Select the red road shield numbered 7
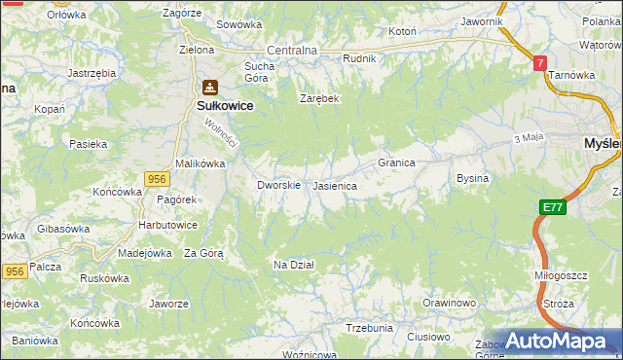tap(540, 63)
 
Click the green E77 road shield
tap(553, 207)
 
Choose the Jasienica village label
tap(335, 185)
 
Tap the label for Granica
tap(397, 162)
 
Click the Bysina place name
tap(472, 179)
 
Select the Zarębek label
tap(318, 98)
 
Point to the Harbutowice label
tap(168, 225)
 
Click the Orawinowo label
tap(449, 304)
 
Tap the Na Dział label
tap(293, 265)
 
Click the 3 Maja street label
tap(528, 138)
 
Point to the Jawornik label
tap(482, 21)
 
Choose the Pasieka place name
tap(88, 144)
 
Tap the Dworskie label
tap(278, 184)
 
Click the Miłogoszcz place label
tap(562, 275)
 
